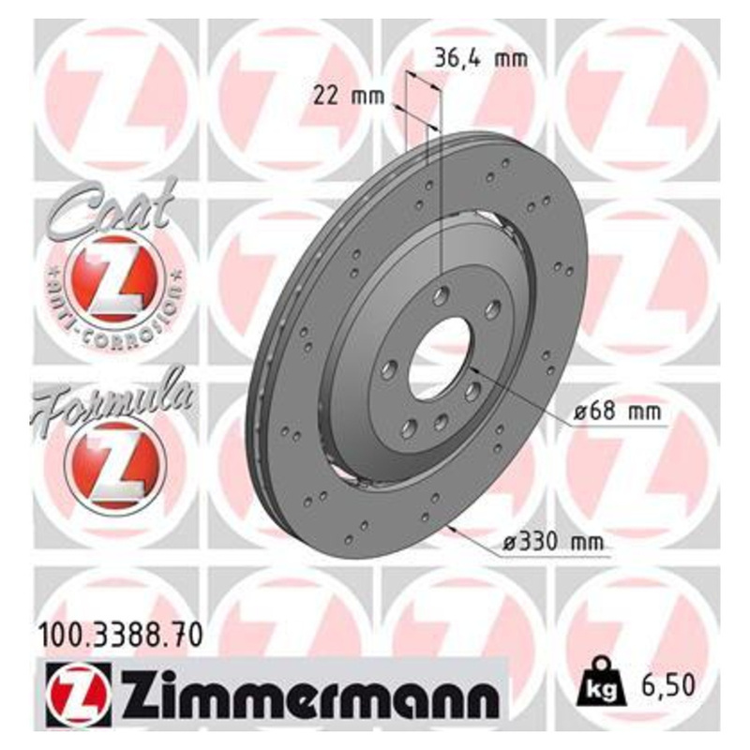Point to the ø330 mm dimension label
(x=547, y=541)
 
